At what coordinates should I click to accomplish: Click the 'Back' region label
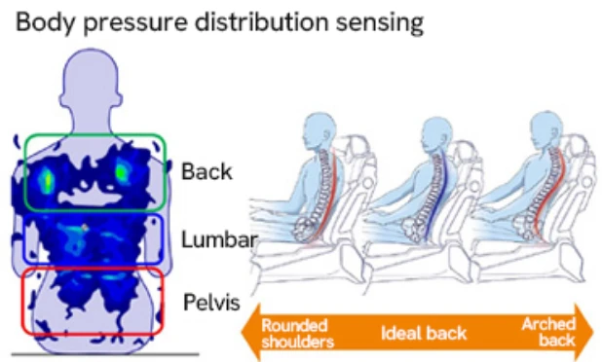coord(207,172)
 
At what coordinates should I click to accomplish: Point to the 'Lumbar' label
coord(218,238)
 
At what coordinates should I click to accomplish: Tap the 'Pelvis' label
coord(211,302)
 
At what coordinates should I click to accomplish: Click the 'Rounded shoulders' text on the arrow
coord(294,332)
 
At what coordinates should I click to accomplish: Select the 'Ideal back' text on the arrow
coord(424,333)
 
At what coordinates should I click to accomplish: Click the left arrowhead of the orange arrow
coord(248,332)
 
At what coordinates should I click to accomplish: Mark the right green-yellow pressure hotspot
coord(124,171)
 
